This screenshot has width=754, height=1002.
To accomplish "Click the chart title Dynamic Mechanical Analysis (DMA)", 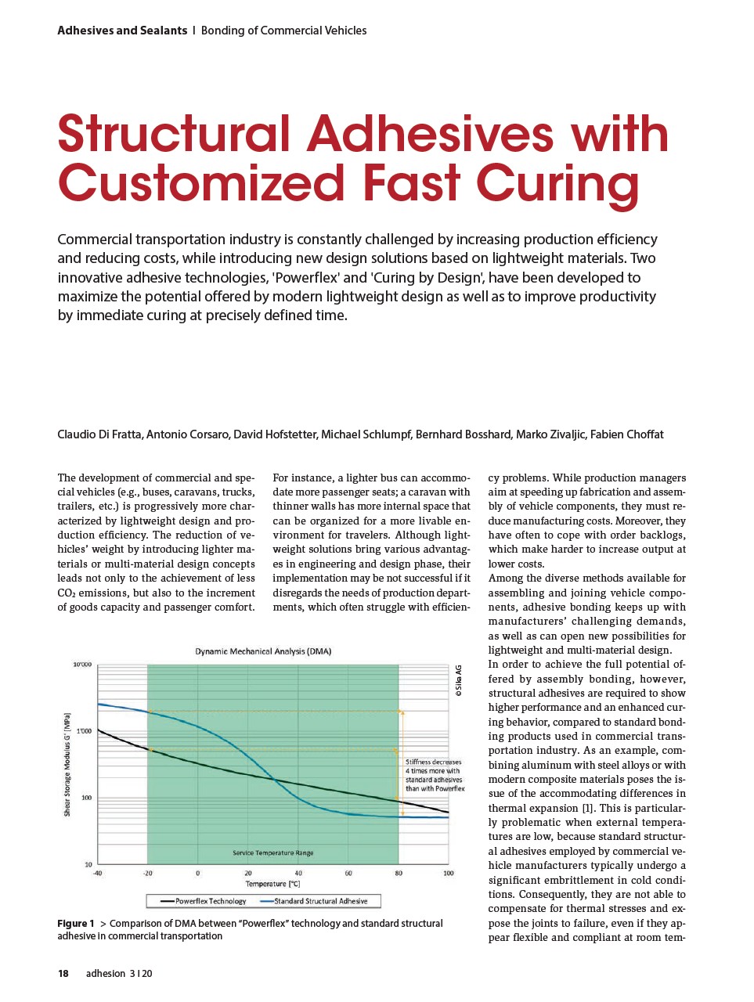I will click(263, 651).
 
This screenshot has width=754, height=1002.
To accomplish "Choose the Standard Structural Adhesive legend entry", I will click(320, 901).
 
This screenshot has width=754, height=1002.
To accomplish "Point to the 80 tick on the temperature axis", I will click(399, 873).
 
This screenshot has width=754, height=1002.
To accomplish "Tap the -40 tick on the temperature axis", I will click(97, 873).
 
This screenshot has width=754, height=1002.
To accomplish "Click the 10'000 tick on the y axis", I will click(82, 665).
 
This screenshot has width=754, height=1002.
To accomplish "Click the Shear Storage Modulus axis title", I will click(67, 765).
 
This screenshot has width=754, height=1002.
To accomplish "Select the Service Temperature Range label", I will click(272, 852).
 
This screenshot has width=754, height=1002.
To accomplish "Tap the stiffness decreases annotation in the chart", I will click(435, 775).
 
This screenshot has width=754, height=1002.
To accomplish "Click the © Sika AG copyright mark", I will click(459, 680).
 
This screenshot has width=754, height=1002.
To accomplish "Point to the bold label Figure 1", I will click(76, 924).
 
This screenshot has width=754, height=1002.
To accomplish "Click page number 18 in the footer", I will click(63, 974).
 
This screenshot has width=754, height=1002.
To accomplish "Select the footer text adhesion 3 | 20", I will click(119, 974).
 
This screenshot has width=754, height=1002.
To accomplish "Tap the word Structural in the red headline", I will click(173, 134).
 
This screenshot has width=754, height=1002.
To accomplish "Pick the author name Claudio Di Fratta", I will click(99, 434).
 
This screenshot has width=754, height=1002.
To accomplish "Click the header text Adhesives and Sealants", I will click(122, 31).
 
